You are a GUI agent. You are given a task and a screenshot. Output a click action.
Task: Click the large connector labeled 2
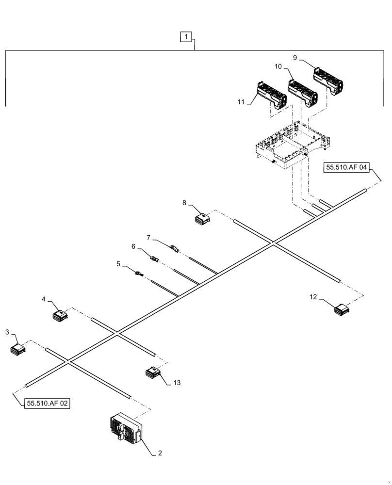[x=126, y=428]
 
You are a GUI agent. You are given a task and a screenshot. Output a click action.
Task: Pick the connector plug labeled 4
[x=61, y=316]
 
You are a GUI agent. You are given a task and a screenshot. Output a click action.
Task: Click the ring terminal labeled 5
[x=139, y=274]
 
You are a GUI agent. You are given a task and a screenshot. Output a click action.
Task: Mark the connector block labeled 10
[x=302, y=93]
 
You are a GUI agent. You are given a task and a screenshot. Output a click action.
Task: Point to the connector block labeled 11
[x=271, y=97]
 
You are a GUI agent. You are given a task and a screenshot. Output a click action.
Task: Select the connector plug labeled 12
[x=342, y=309]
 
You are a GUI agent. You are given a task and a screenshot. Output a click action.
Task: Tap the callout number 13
[x=177, y=383]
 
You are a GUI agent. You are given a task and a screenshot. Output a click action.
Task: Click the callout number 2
[x=160, y=453]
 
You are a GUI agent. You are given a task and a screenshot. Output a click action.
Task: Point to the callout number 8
[x=184, y=203]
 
